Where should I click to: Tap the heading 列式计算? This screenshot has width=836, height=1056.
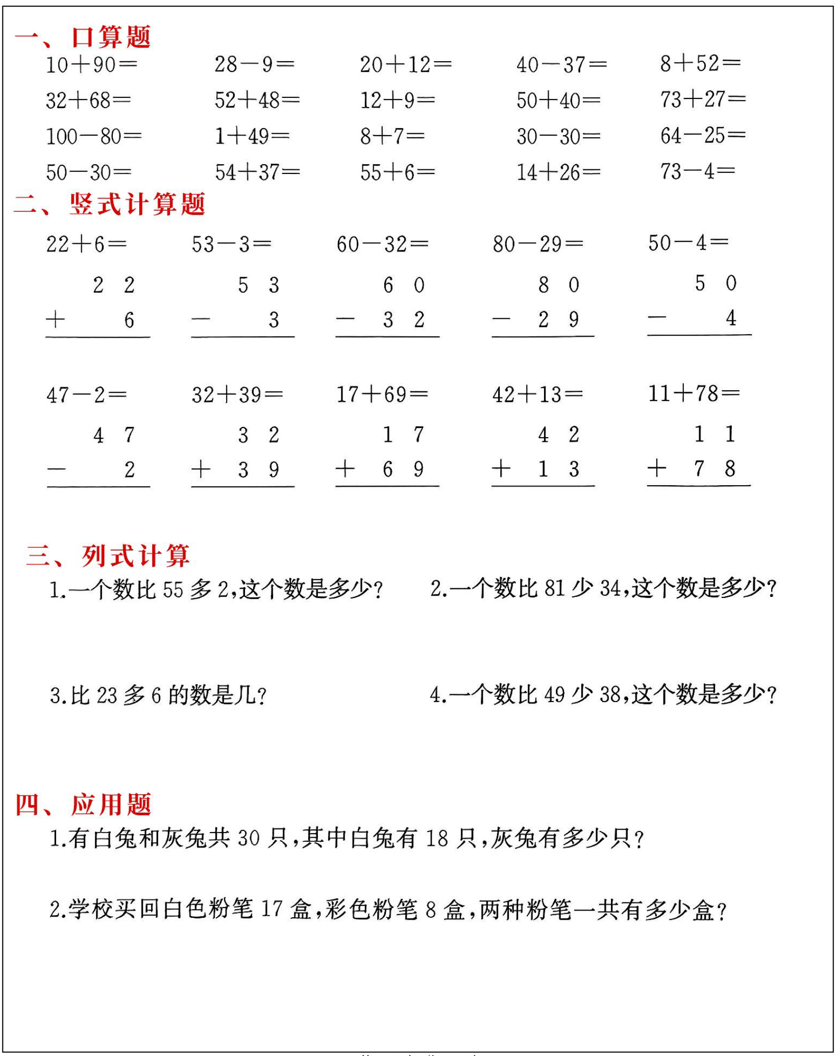[135, 556]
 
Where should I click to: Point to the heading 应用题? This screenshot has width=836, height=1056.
[111, 804]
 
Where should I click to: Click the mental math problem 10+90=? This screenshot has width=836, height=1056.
[91, 65]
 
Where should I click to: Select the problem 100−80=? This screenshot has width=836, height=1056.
[93, 136]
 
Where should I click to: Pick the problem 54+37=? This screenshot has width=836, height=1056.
[257, 172]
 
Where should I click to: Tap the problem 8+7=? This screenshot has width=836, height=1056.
[392, 136]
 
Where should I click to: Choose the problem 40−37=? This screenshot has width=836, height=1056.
[561, 65]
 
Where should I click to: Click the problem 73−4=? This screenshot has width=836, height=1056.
[697, 171]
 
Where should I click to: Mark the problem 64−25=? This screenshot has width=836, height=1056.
[703, 135]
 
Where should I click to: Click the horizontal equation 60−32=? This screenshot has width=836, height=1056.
[382, 244]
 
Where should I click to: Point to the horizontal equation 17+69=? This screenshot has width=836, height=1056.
[382, 394]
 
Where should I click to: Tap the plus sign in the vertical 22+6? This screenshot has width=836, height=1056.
[55, 320]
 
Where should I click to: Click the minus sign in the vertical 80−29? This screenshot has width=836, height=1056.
[501, 320]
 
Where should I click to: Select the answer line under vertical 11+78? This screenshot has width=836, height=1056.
[699, 486]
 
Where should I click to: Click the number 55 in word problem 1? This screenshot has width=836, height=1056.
[173, 590]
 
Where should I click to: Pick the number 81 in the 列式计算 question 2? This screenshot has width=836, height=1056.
[554, 589]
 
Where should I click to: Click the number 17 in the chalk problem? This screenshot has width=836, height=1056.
[272, 909]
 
